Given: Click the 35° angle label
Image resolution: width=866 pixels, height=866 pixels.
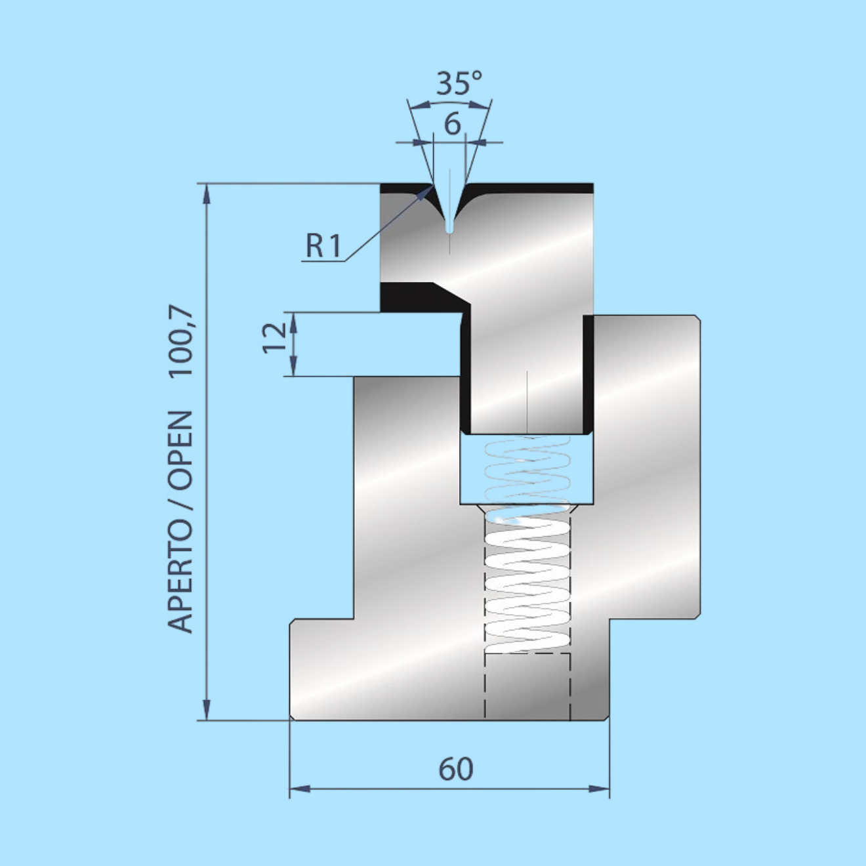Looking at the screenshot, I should pyautogui.click(x=459, y=83).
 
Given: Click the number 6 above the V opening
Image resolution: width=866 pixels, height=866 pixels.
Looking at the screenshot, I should pyautogui.click(x=452, y=123).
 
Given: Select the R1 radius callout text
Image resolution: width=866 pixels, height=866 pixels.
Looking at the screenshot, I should pyautogui.click(x=323, y=245).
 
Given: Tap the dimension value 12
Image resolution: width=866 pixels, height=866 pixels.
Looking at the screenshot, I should pyautogui.click(x=275, y=338).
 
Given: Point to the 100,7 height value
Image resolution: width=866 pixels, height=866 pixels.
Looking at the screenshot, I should pyautogui.click(x=182, y=342).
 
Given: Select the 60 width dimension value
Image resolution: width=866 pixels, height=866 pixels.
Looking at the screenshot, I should pyautogui.click(x=455, y=769).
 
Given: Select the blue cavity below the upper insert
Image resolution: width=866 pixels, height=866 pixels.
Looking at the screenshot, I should pyautogui.click(x=527, y=468).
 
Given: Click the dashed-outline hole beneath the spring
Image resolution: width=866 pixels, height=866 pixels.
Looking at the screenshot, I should pyautogui.click(x=527, y=686).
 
